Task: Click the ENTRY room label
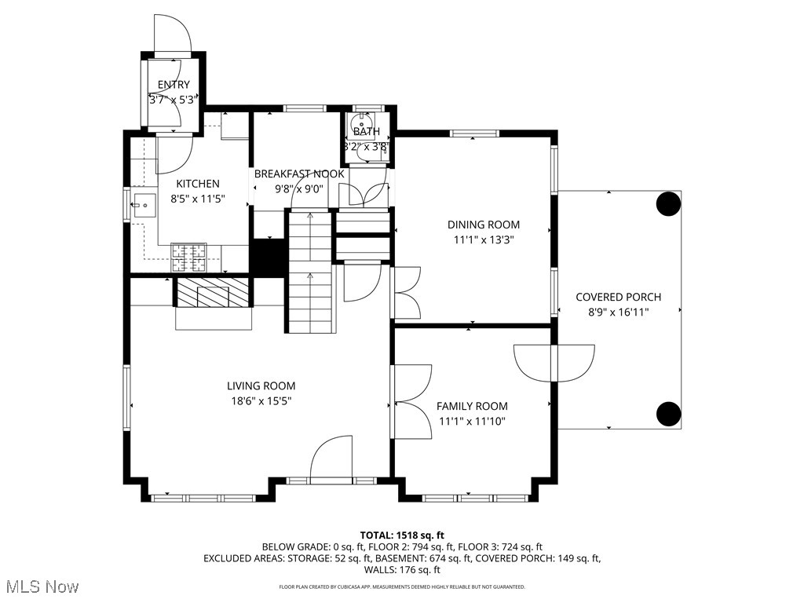coord(174,85)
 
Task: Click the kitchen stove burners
coord(188,254)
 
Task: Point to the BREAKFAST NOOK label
coord(298,174)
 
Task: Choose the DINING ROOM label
coord(484,225)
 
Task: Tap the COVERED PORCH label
coord(618,297)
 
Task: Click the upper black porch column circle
coord(668,204)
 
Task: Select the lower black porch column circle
coord(668,412)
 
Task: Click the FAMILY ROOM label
coord(472,406)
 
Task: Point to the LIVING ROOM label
coord(261,386)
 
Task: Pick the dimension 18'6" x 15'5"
coord(261,400)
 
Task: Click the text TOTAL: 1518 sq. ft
coord(402,535)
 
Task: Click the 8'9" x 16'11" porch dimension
coord(618,312)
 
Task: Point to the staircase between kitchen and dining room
coord(309,271)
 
